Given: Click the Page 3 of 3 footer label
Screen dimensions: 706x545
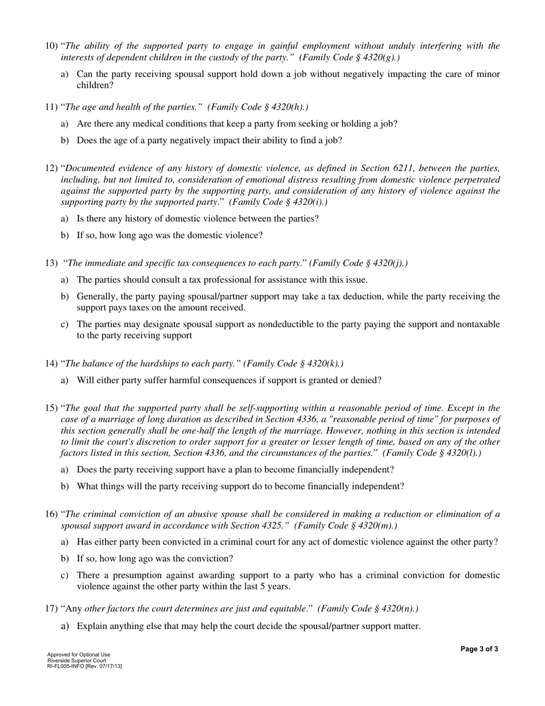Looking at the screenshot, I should (x=479, y=649).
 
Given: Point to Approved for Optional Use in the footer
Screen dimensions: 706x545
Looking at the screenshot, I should (x=79, y=655).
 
